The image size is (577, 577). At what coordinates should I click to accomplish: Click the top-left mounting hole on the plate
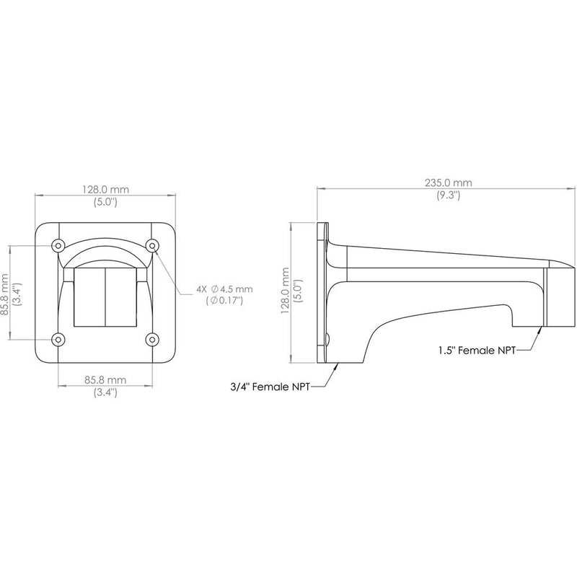coord(58,245)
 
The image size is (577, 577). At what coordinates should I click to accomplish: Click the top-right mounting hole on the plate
coord(152,245)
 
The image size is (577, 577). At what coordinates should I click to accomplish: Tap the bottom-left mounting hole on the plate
coord(58,339)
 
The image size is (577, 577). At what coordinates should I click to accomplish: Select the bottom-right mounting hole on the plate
coord(152,339)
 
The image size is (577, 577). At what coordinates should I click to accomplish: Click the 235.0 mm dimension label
coord(448,182)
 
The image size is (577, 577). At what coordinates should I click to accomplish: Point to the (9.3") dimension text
coord(448,195)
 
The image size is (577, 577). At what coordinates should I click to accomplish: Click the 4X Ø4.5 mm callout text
coord(224,289)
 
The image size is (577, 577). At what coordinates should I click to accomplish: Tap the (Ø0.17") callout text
coord(225,301)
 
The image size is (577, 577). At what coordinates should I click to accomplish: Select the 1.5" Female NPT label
coord(477,350)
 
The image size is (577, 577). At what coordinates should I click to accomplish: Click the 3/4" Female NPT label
coord(270,387)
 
